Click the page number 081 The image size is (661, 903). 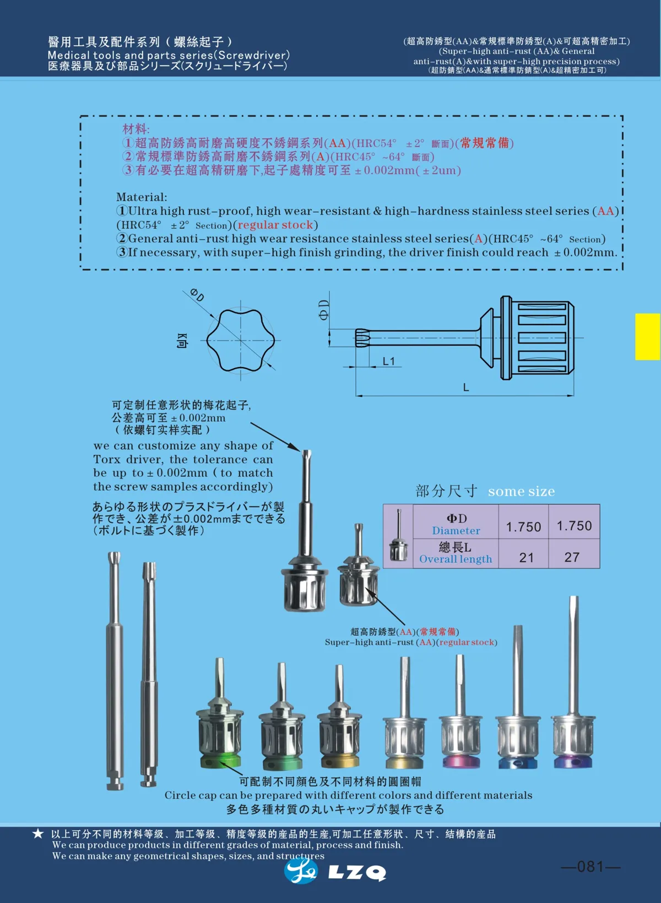coord(590,867)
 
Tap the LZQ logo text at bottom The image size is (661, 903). coord(357,872)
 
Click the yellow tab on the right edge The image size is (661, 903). coord(647,336)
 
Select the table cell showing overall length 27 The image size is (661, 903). coord(572,557)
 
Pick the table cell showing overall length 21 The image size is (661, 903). coord(527,557)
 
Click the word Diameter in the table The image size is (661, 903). coord(456,530)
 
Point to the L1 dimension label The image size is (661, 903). coord(389,361)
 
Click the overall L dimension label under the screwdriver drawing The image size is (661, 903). coord(466,388)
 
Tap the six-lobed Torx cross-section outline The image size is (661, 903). coord(241,340)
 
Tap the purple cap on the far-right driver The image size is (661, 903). coord(574,762)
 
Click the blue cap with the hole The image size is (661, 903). coord(517,762)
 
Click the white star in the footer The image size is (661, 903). coord(37,834)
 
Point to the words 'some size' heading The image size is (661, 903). coord(521,491)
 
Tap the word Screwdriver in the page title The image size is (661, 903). coord(252,55)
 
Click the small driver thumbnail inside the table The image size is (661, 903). coord(398,536)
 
